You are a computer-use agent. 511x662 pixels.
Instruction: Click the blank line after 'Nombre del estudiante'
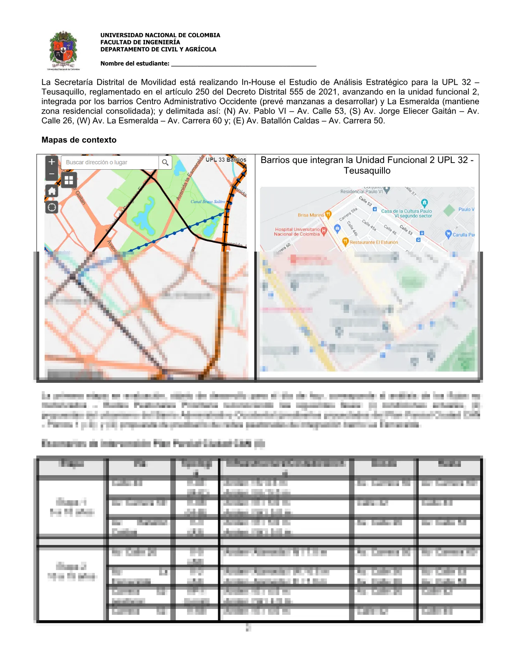[243, 64]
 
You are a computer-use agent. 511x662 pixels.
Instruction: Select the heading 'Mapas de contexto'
[79, 140]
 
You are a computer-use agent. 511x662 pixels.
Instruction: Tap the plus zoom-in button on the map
[52, 162]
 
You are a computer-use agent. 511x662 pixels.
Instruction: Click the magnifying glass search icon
[165, 163]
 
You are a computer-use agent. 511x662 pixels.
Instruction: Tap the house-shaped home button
[52, 191]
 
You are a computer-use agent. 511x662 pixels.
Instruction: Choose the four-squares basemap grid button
[68, 180]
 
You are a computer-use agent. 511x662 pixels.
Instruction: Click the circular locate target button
[52, 207]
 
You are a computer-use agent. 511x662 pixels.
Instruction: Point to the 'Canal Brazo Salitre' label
[207, 201]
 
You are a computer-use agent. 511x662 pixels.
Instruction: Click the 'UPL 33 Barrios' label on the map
[226, 160]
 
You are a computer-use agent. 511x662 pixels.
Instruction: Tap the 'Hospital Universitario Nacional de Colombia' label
[297, 232]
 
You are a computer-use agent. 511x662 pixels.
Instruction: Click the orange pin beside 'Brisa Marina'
[328, 214]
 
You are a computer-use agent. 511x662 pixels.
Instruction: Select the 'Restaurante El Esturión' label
[374, 242]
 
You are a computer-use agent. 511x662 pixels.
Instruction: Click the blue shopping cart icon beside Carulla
[448, 234]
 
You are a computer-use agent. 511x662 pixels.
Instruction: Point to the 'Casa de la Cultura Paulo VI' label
[407, 213]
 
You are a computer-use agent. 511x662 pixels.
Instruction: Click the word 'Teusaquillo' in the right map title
[367, 171]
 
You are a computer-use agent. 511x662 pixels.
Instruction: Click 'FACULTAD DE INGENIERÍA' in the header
[140, 42]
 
